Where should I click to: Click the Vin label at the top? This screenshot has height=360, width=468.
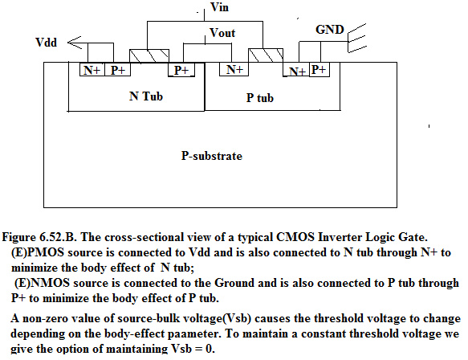pyautogui.click(x=219, y=7)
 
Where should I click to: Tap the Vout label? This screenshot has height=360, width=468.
pyautogui.click(x=222, y=33)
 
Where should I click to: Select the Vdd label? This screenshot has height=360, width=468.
pyautogui.click(x=46, y=43)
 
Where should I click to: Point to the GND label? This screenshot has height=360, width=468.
pyautogui.click(x=330, y=29)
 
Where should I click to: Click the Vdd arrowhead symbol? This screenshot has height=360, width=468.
pyautogui.click(x=75, y=43)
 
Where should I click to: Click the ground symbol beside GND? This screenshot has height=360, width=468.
pyautogui.click(x=357, y=39)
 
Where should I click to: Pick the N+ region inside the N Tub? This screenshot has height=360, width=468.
pyautogui.click(x=92, y=70)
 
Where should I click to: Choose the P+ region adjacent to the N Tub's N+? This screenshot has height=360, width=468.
pyautogui.click(x=117, y=70)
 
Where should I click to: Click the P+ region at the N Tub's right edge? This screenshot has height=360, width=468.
pyautogui.click(x=181, y=70)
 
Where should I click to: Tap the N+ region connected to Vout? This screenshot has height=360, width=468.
pyautogui.click(x=234, y=69)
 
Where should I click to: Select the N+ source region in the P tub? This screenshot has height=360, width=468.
pyautogui.click(x=296, y=71)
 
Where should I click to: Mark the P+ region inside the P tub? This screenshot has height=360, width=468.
pyautogui.click(x=319, y=70)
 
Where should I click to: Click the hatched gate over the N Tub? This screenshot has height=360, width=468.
pyautogui.click(x=149, y=56)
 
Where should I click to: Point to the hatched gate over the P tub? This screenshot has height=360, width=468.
pyautogui.click(x=266, y=55)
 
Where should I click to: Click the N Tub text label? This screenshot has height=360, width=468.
pyautogui.click(x=146, y=96)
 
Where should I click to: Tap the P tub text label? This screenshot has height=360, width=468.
pyautogui.click(x=259, y=98)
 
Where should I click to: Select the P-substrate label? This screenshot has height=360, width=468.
pyautogui.click(x=212, y=156)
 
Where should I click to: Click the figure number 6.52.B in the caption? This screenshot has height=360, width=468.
pyautogui.click(x=59, y=237)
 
